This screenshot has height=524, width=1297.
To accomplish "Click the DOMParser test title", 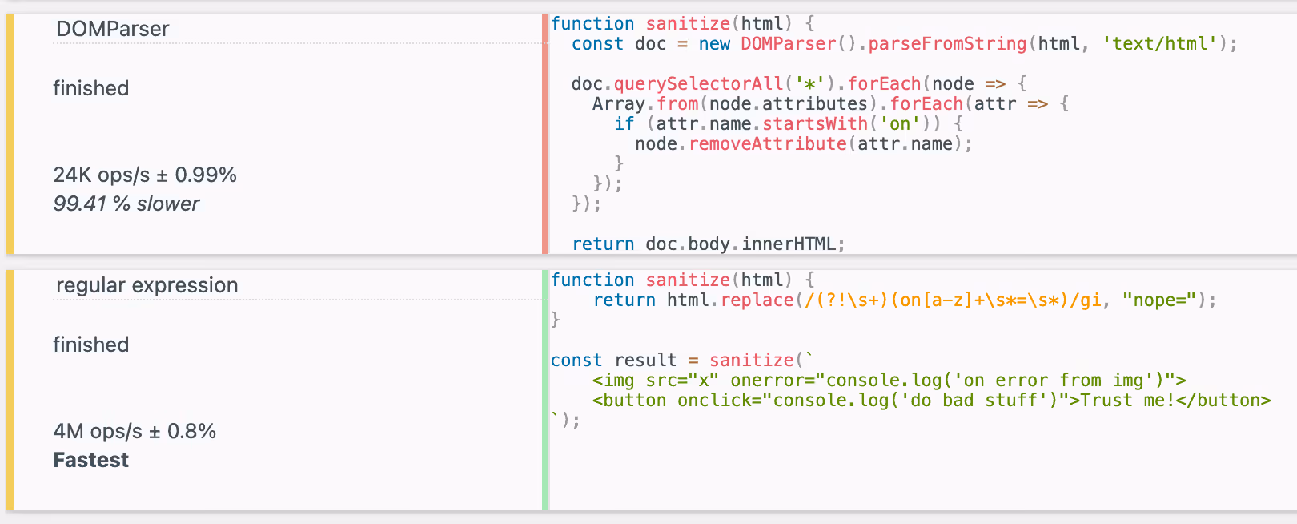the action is click(112, 29).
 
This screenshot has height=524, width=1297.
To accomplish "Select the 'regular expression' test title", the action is click(147, 285).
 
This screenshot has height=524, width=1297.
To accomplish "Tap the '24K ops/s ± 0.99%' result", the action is click(145, 175).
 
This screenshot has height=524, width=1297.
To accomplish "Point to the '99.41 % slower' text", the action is click(126, 204).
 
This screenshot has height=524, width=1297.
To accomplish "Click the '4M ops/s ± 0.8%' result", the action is click(135, 431).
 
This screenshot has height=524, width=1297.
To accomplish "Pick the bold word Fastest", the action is click(91, 460).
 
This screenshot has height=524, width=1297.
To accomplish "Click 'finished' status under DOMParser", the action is click(91, 88).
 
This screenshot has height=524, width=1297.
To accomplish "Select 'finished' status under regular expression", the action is click(91, 345).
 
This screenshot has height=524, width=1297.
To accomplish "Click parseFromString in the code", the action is click(946, 44).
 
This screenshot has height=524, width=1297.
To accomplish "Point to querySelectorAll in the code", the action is click(698, 84).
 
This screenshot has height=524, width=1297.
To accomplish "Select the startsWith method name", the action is click(815, 124).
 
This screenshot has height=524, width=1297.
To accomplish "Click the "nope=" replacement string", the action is click(1159, 300).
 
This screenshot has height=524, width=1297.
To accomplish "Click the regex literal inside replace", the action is click(953, 300).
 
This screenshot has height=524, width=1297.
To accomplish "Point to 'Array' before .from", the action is click(618, 104).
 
